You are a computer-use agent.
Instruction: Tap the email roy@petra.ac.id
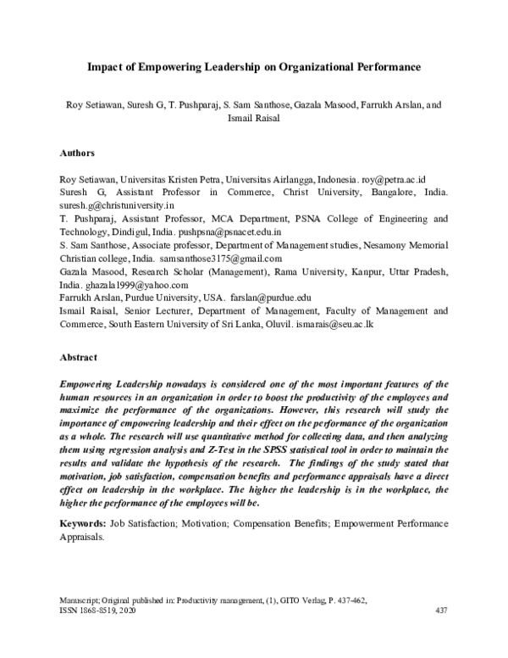tap(398, 180)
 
